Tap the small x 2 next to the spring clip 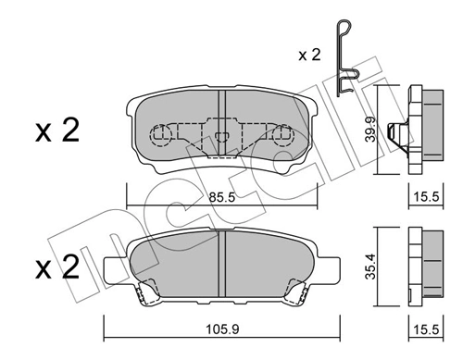(309, 56)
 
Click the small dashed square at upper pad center (221, 140)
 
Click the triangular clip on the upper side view (397, 133)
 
